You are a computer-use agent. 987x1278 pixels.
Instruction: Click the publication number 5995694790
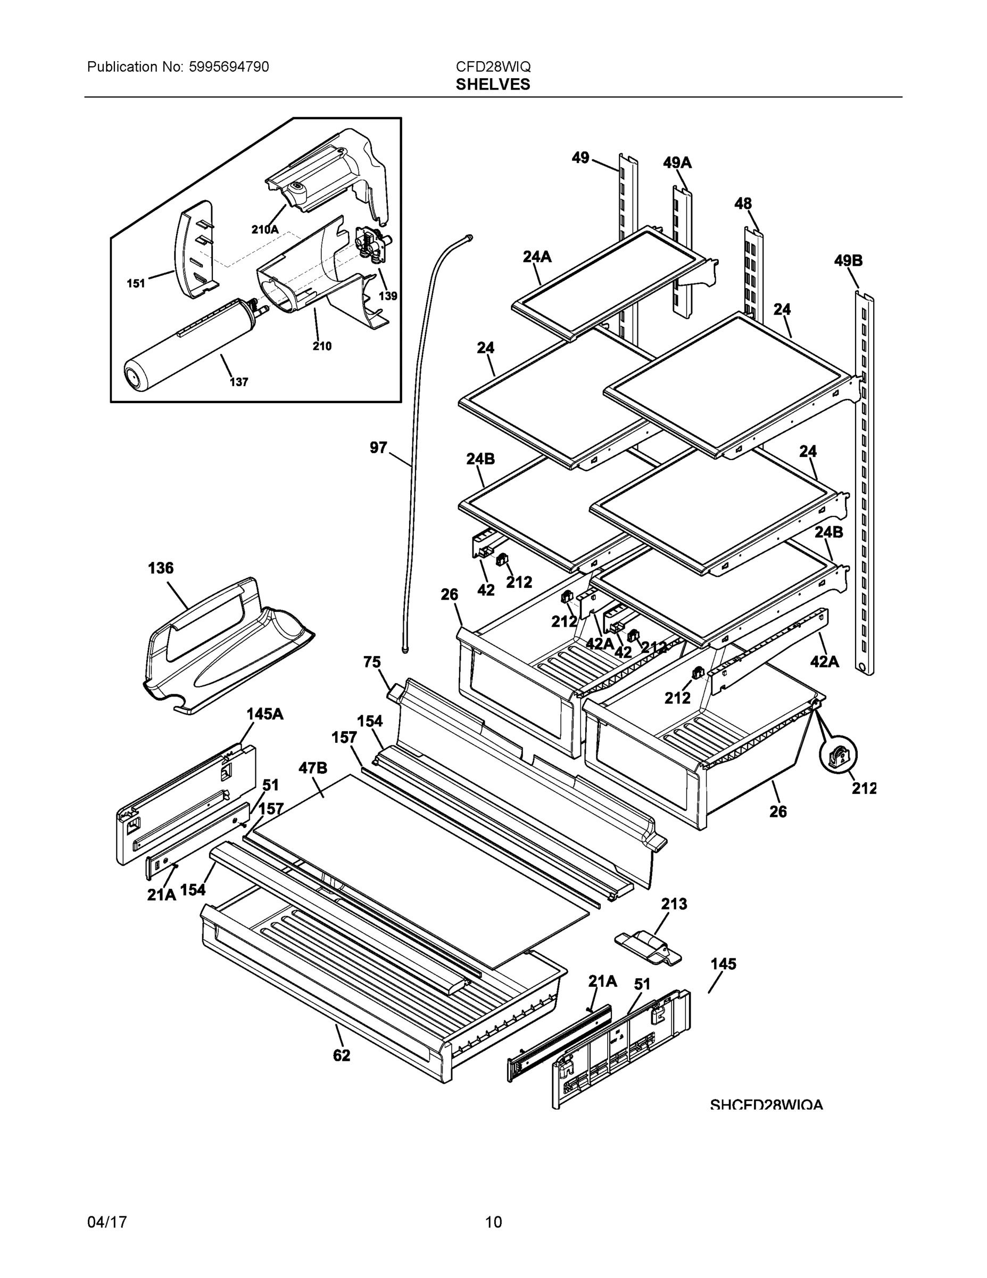click(229, 67)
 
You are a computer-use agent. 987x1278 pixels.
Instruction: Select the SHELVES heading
click(493, 85)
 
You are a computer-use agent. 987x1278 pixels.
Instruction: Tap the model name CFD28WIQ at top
click(493, 67)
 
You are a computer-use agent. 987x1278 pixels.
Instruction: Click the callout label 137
click(238, 382)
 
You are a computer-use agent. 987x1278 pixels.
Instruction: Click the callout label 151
click(136, 284)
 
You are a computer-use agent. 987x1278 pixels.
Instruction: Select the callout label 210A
click(264, 230)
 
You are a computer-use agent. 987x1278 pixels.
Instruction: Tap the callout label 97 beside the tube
click(378, 448)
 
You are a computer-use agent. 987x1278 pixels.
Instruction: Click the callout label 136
click(160, 568)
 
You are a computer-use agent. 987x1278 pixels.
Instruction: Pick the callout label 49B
click(848, 261)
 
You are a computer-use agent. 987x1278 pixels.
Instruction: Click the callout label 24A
click(537, 257)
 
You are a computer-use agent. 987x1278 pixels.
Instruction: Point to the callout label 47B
click(313, 768)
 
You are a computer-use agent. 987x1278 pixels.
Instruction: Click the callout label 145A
click(264, 714)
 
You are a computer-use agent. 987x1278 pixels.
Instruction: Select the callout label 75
click(372, 662)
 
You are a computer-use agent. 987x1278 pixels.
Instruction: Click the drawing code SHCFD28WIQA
click(766, 1105)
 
